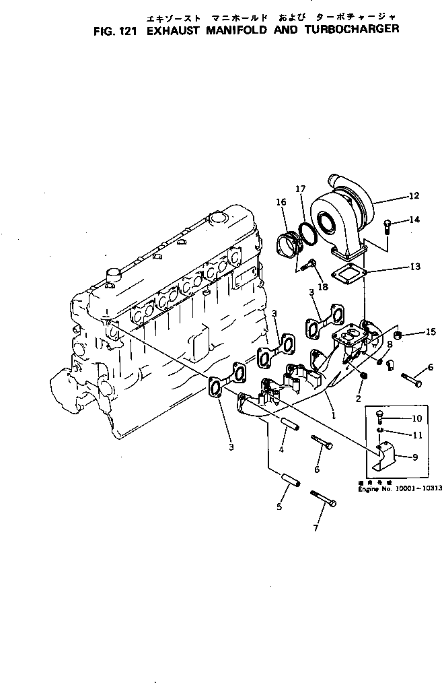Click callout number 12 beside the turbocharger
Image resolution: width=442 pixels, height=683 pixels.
pyautogui.click(x=413, y=196)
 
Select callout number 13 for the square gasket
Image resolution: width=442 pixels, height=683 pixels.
pyautogui.click(x=415, y=267)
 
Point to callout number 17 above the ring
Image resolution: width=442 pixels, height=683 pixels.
pyautogui.click(x=301, y=189)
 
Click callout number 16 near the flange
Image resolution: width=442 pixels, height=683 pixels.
pyautogui.click(x=281, y=201)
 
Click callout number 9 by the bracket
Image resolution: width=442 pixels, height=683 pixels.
pyautogui.click(x=415, y=457)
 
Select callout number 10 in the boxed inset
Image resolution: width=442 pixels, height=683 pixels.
pyautogui.click(x=416, y=418)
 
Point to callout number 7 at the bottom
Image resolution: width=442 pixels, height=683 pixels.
pyautogui.click(x=316, y=528)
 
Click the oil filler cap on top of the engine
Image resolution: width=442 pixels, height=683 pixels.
pyautogui.click(x=217, y=219)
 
